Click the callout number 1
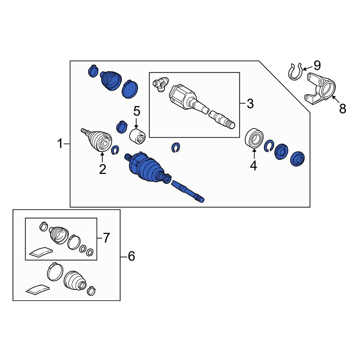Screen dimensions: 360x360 coord(60,144)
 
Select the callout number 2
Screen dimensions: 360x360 coord(102,170)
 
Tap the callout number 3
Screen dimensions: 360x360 coord(250,104)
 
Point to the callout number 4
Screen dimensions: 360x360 coord(253,166)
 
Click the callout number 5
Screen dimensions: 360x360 coord(136,111)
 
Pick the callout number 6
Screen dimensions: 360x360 coord(131,256)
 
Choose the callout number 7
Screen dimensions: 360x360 coord(106,238)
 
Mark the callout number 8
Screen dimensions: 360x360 coord(343,109)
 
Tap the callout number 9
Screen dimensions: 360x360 coord(317,66)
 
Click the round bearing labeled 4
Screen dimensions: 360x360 coord(254,138)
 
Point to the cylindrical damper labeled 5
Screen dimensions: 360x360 coord(138,136)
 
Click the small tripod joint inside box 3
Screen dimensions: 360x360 coord(161,84)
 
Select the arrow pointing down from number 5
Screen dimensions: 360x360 coord(136,123)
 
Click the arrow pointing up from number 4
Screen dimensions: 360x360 coord(254,154)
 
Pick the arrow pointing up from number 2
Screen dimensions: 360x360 coord(102,158)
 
